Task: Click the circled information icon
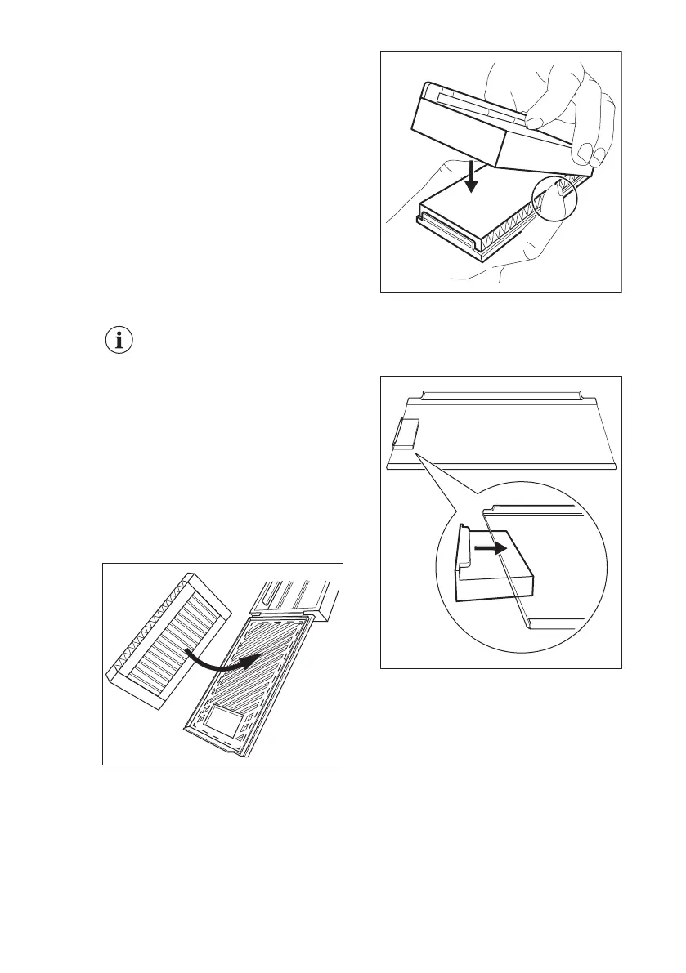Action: (120, 342)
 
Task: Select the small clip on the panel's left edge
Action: (405, 434)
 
